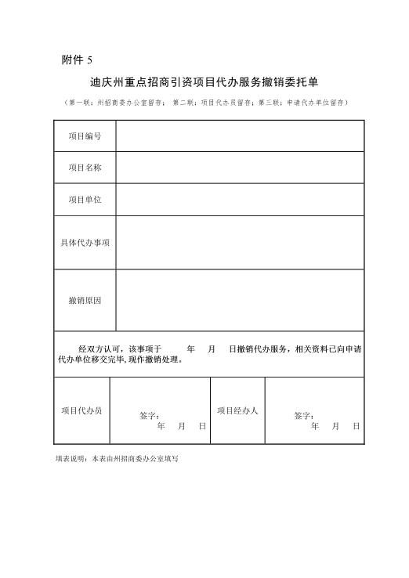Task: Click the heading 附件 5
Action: coord(76,60)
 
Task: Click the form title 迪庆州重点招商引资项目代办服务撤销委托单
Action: coord(204,81)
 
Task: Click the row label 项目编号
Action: coord(85,136)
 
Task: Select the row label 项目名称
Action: coord(85,168)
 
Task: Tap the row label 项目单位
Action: coord(85,200)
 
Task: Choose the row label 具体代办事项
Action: coord(85,243)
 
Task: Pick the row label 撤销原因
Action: coord(85,301)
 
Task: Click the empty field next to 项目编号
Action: coord(240,136)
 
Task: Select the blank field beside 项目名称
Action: coord(240,168)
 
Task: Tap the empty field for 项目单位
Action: coord(240,200)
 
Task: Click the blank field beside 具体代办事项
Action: coord(240,243)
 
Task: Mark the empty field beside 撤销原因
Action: coord(240,301)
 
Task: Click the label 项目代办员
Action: coord(81,410)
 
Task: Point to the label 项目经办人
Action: coord(237,410)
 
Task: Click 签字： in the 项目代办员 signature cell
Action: coord(149,415)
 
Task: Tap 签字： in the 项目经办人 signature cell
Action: coord(304,415)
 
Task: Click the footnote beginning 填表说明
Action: coord(117,457)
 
